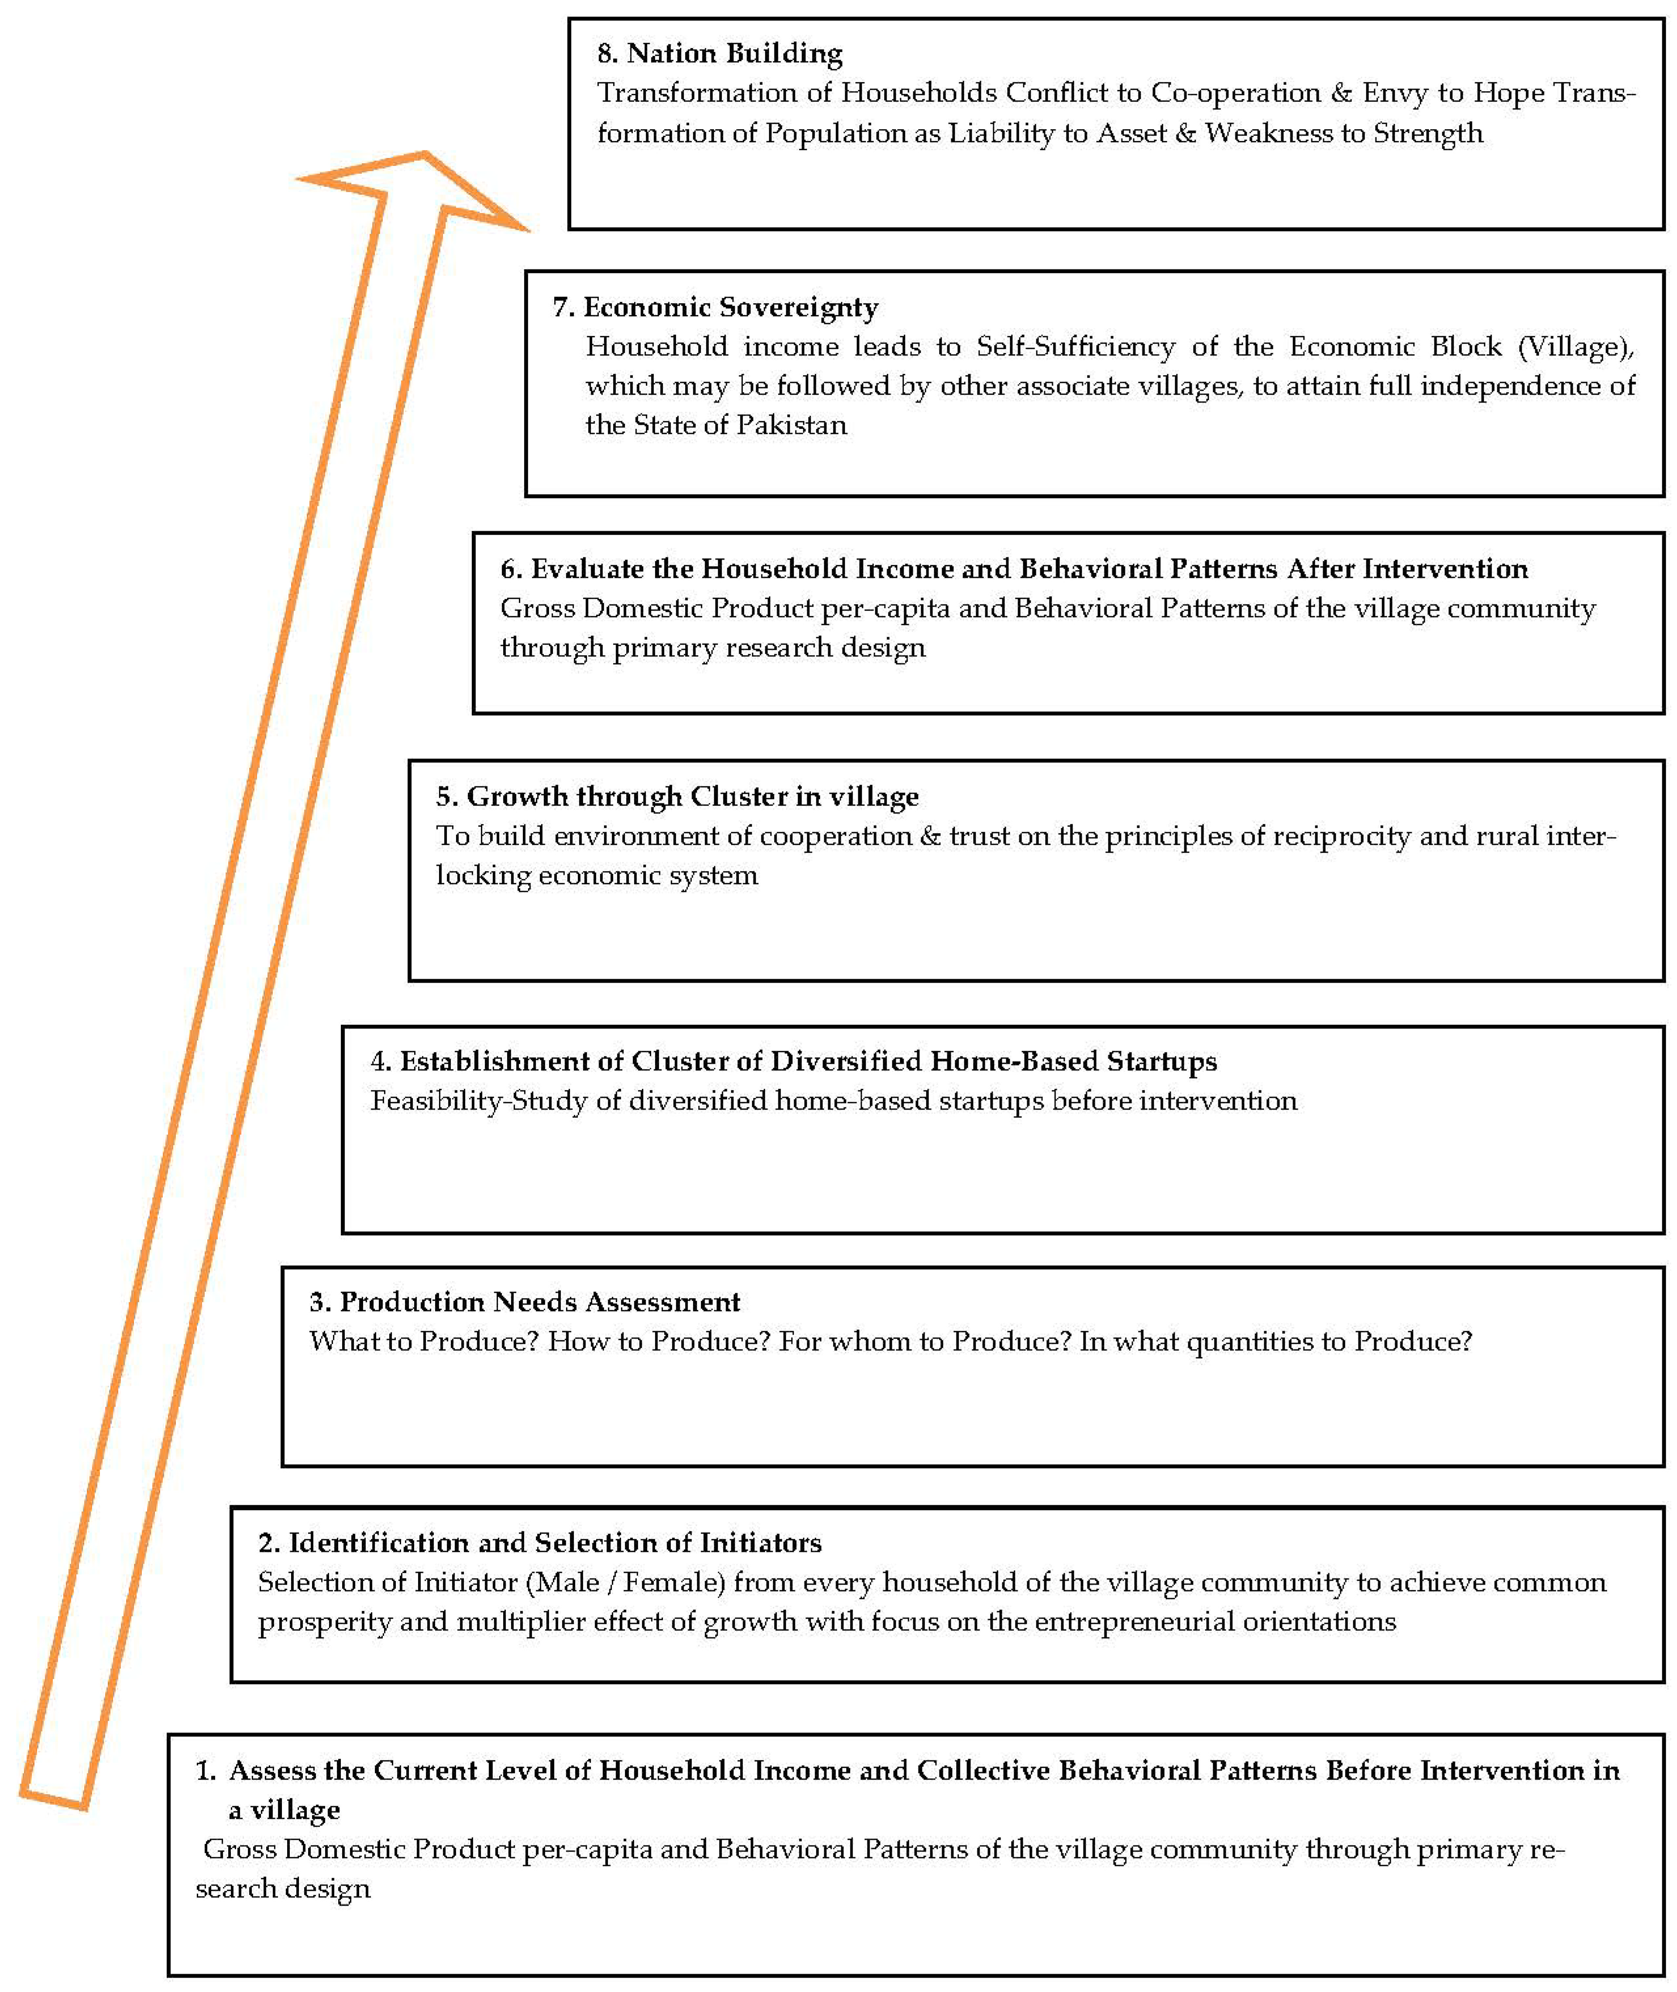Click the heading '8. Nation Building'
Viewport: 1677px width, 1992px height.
pos(720,53)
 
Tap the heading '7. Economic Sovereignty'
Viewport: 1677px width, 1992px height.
pos(715,307)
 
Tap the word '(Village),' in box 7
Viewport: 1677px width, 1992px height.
pos(1576,347)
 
